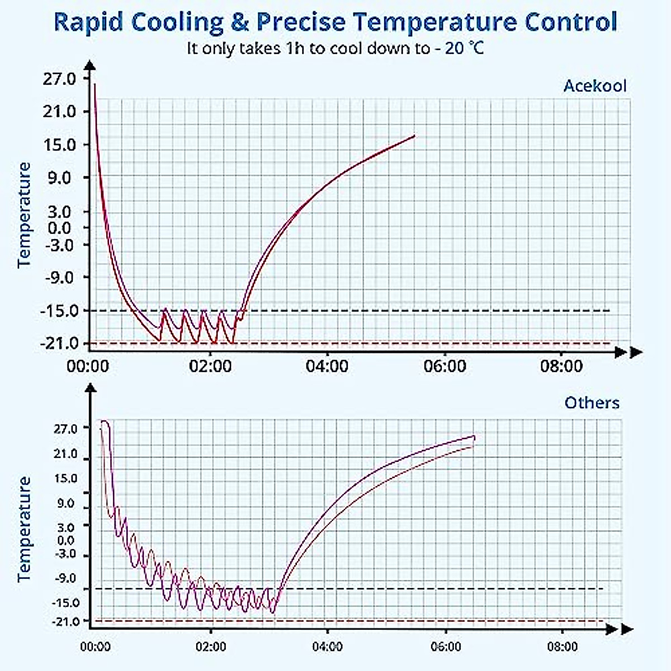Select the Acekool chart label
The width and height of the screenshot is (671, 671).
(595, 86)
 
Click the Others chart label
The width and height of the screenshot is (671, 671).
(592, 403)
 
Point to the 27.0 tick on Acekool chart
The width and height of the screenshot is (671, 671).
(59, 79)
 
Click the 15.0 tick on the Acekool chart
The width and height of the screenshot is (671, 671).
(59, 145)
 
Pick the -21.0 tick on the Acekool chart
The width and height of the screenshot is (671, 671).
(58, 343)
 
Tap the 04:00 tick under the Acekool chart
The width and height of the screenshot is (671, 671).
(327, 367)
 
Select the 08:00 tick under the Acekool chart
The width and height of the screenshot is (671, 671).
(562, 367)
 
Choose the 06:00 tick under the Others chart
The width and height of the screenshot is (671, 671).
(446, 647)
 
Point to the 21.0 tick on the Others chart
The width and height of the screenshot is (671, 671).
(66, 454)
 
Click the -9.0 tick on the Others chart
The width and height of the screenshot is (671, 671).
(66, 578)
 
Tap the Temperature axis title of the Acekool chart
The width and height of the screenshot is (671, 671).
(25, 215)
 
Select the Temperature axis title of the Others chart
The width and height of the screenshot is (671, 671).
(25, 529)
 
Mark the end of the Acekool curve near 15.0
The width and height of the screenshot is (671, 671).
(414, 136)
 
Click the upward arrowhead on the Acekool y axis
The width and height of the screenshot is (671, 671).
(91, 66)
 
